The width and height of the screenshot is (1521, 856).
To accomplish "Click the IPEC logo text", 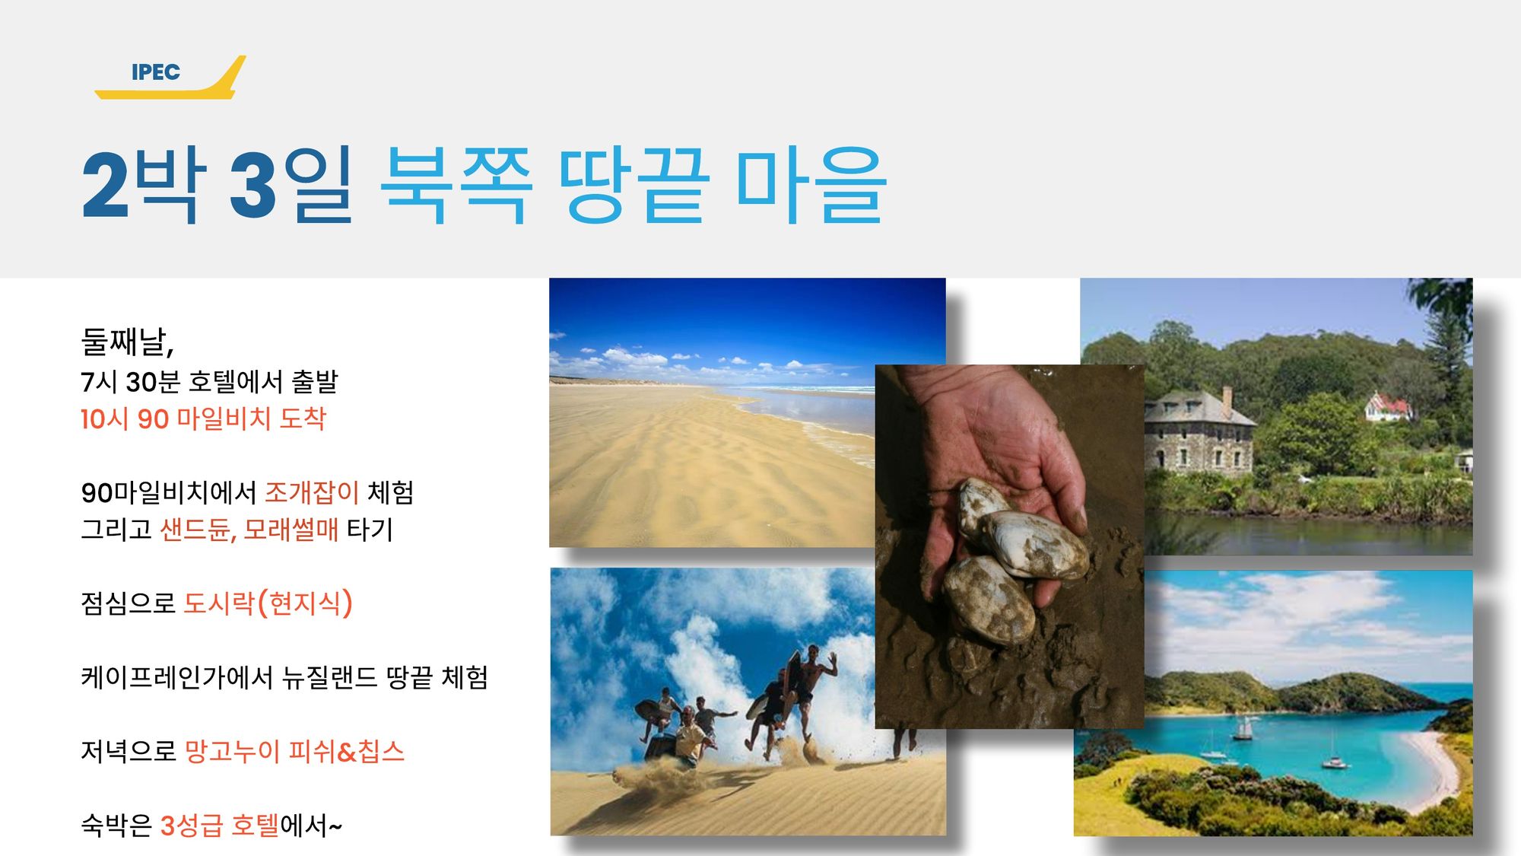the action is pos(156,72).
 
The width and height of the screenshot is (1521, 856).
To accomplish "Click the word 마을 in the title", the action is pos(811,185).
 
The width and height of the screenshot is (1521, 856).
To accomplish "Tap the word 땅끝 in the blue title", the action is pos(634,185).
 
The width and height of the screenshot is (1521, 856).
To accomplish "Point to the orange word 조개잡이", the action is pos(312,492).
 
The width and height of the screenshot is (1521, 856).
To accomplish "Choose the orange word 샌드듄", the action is pos(195,530).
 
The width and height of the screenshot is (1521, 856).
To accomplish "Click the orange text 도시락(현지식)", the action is pos(268,603).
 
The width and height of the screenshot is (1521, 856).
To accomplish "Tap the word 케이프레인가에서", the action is pos(176,677).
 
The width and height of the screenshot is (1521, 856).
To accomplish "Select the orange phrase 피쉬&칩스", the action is pos(346,752).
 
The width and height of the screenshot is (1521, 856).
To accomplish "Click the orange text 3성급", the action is pos(191,826).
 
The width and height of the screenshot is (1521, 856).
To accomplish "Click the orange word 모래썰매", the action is pos(291,530).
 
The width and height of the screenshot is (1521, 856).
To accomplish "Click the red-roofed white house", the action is pos(1389,408).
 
